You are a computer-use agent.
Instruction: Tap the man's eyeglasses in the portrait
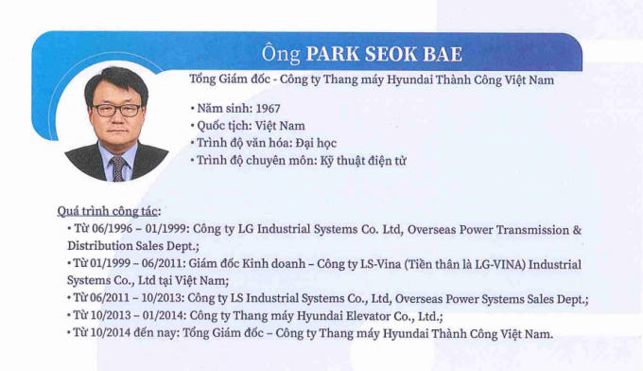pyautogui.click(x=116, y=110)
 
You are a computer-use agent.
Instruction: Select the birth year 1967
pyautogui.click(x=262, y=108)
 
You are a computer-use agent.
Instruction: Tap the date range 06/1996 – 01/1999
pyautogui.click(x=145, y=230)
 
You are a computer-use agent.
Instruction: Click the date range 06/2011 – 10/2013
pyautogui.click(x=145, y=299)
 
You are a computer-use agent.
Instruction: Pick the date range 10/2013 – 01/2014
pyautogui.click(x=145, y=316)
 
